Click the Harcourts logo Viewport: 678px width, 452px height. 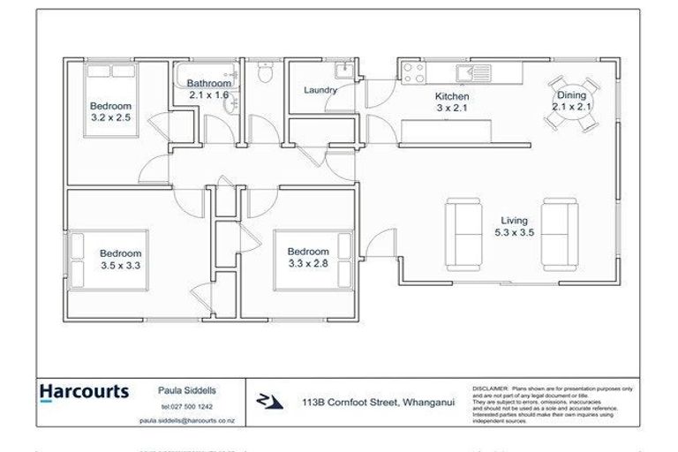(x=85, y=391)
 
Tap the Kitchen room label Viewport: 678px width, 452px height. (x=451, y=96)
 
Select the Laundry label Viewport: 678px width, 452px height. (x=320, y=90)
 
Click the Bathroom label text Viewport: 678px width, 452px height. (x=208, y=83)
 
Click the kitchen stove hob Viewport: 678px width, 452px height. (x=411, y=70)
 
